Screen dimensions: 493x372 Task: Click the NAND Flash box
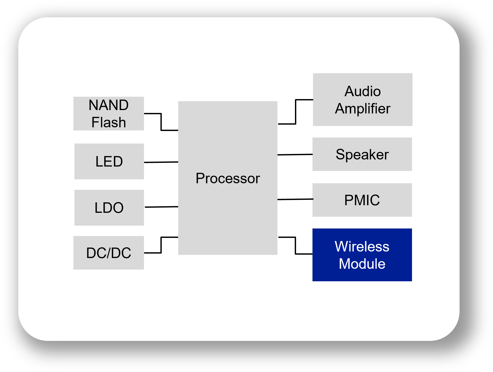(109, 113)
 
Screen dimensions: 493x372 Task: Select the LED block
(109, 161)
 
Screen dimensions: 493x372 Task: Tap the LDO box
(109, 208)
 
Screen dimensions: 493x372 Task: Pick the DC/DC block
(109, 253)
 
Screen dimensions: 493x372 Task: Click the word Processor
(228, 179)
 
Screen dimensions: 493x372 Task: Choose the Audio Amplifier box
(363, 100)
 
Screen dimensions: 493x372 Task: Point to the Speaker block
(362, 154)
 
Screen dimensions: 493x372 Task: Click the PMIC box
(362, 200)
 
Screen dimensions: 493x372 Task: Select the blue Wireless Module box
(362, 255)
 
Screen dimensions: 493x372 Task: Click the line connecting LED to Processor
(161, 162)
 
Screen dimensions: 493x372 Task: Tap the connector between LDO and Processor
(161, 207)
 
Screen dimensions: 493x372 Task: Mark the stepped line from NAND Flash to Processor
(161, 122)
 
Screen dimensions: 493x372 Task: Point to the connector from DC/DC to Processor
(161, 245)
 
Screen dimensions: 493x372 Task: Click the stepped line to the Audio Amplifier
(295, 112)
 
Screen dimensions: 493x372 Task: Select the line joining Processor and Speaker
(295, 154)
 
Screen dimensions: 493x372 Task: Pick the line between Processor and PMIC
(295, 199)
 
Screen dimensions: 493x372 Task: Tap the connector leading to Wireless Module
(295, 245)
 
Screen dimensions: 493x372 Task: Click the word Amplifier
(363, 109)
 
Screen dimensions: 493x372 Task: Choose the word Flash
(109, 122)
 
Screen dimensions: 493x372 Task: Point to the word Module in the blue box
(362, 264)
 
